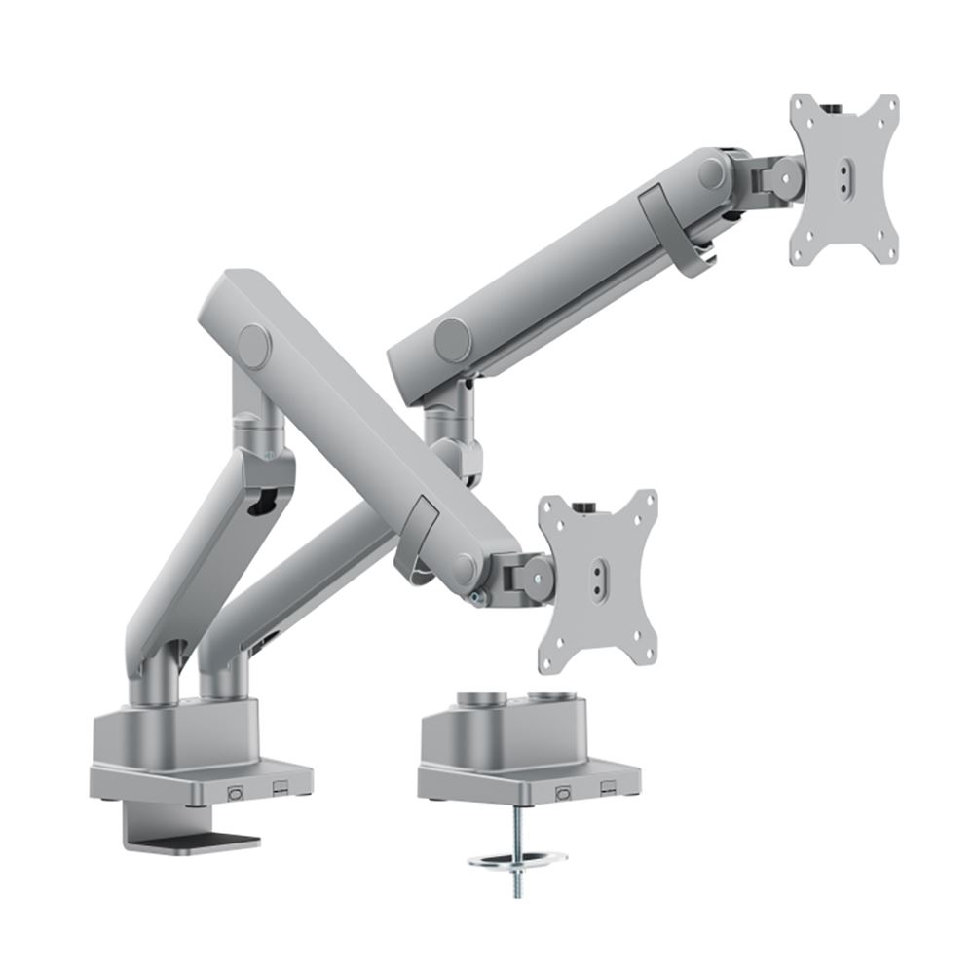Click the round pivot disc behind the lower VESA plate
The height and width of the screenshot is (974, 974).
533,575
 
